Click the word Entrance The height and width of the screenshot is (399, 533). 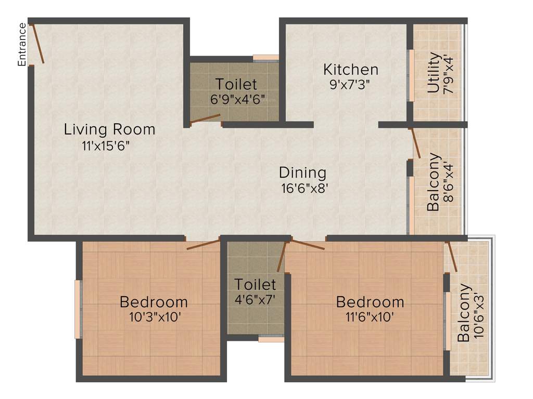(x=22, y=45)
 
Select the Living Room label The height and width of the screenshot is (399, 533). (x=109, y=129)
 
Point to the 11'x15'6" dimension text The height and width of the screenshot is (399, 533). (x=105, y=146)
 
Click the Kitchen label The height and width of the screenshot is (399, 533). (x=350, y=69)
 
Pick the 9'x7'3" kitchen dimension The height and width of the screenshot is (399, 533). (x=350, y=85)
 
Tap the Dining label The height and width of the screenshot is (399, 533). (x=302, y=172)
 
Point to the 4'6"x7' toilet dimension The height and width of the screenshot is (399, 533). (x=255, y=299)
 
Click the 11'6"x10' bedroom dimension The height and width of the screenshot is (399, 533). (x=370, y=316)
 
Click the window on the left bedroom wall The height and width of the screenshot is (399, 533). (x=79, y=309)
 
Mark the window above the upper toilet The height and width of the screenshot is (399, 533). (x=265, y=58)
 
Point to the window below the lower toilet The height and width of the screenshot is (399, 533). (x=271, y=339)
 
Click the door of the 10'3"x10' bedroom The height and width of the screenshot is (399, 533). (x=203, y=244)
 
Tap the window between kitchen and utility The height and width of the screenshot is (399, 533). (x=411, y=75)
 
